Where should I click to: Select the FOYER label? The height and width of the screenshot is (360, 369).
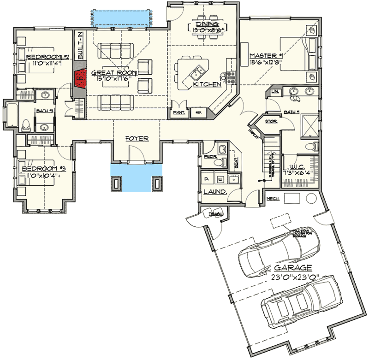(136, 137)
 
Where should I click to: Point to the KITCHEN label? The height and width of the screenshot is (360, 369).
(207, 85)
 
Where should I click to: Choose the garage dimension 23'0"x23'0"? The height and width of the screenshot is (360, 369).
(295, 277)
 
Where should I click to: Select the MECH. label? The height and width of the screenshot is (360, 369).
(272, 199)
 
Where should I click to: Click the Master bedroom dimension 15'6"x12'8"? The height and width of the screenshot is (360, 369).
(262, 56)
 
